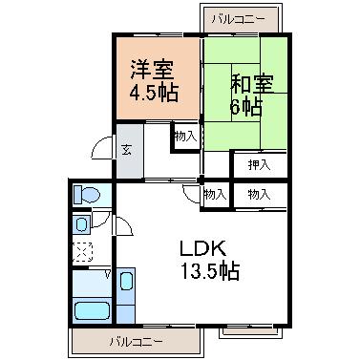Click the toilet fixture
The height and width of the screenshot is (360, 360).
point(87,194)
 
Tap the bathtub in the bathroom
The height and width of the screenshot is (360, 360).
point(93,310)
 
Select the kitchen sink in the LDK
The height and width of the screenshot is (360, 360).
point(126,281)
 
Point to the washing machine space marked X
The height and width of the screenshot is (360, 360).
point(82,252)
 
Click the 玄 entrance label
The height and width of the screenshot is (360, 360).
point(127,150)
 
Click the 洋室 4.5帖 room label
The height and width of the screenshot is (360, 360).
point(153,81)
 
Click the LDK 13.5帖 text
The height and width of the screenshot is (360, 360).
point(209,260)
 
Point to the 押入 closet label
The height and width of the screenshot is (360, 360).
point(259,165)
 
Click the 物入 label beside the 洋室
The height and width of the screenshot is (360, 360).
point(185,137)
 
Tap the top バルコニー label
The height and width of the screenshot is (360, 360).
point(239,19)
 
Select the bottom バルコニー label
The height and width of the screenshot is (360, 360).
point(137,342)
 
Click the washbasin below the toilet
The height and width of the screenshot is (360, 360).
point(81,224)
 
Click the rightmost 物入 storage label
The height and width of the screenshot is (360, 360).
point(259,194)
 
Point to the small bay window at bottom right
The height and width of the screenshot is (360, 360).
point(250,331)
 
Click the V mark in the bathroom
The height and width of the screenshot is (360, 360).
point(108,273)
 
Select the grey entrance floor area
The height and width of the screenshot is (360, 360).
point(130,151)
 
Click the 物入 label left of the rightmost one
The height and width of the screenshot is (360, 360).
point(216,194)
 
